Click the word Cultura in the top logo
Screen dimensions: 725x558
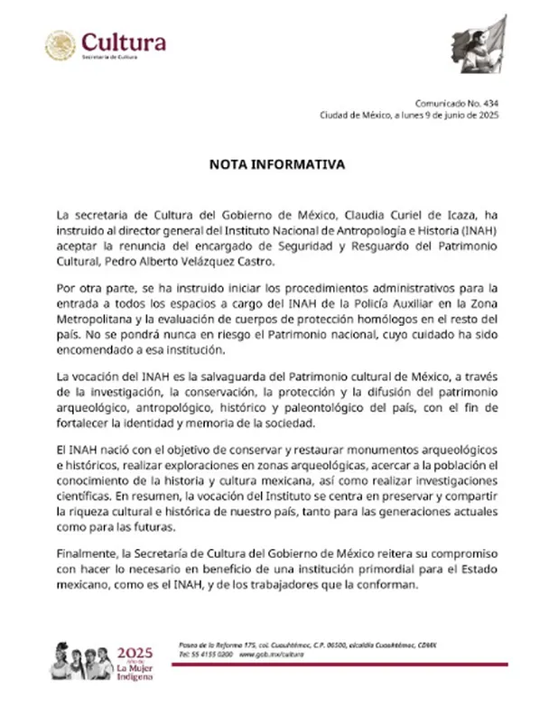(124, 42)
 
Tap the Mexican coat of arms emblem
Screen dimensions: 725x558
(60, 45)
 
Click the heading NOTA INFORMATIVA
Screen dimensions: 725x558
(278, 165)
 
